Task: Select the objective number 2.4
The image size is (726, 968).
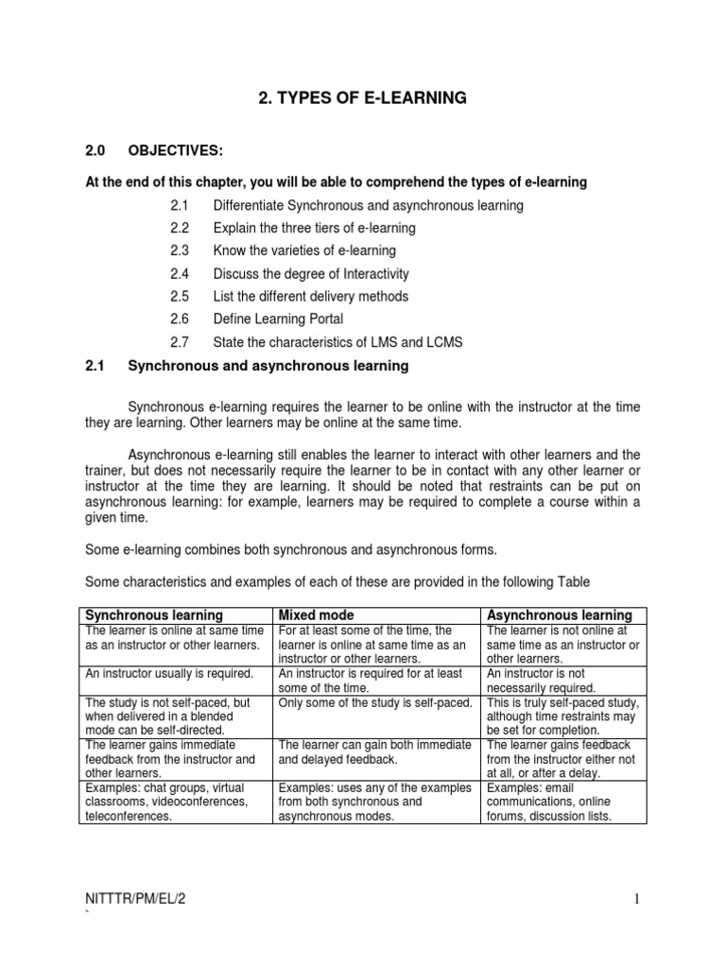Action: pos(181,273)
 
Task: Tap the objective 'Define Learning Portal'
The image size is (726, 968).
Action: pos(279,319)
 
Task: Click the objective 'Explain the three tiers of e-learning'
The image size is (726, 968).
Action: pos(314,228)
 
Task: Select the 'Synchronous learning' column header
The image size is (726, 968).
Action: pos(154,615)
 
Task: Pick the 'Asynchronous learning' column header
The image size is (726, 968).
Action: pos(558,615)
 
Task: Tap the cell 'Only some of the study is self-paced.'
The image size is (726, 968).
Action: pos(375,702)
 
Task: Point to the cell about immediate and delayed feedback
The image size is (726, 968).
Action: pos(375,752)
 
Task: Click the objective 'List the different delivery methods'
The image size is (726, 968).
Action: pos(311,296)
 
